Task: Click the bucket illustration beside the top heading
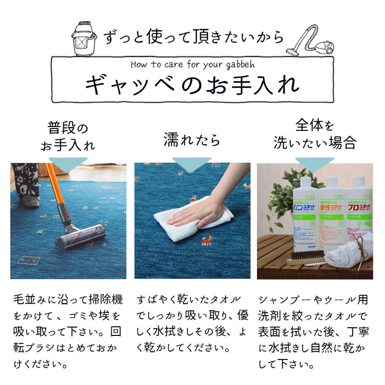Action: click(84, 39)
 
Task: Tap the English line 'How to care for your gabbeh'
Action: click(193, 65)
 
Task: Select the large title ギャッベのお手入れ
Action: click(192, 85)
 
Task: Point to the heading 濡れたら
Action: click(192, 140)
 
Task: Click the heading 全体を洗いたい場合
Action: click(315, 134)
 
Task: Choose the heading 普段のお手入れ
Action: click(68, 136)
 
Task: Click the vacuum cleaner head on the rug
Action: click(80, 236)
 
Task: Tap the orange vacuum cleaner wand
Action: click(55, 187)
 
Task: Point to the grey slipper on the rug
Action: click(30, 201)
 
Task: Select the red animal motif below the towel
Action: click(206, 240)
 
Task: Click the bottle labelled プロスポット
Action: click(359, 211)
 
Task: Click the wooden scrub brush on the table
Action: click(307, 258)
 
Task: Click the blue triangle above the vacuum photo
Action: click(68, 165)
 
